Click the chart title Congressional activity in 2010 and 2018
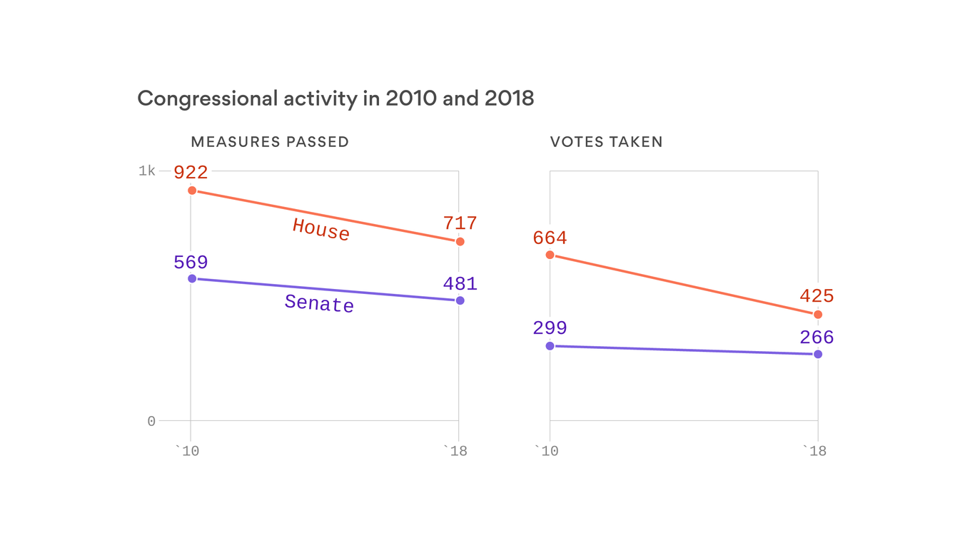tap(335, 98)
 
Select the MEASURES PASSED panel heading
tap(270, 142)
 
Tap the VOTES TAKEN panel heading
tap(606, 142)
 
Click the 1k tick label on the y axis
tap(147, 171)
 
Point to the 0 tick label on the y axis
tap(151, 422)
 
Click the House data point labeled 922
tap(192, 191)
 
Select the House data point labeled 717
tap(460, 242)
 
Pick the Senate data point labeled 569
tap(192, 278)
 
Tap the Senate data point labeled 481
tap(460, 300)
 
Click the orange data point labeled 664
tap(550, 255)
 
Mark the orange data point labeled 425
tap(818, 315)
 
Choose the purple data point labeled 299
tap(550, 346)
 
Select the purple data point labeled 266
tap(818, 355)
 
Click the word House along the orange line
tap(321, 230)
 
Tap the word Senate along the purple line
tap(319, 303)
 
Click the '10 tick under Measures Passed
tap(188, 451)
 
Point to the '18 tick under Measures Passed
tap(455, 451)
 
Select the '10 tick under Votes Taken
tap(546, 451)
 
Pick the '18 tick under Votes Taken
tap(814, 451)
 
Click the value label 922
tap(191, 172)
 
